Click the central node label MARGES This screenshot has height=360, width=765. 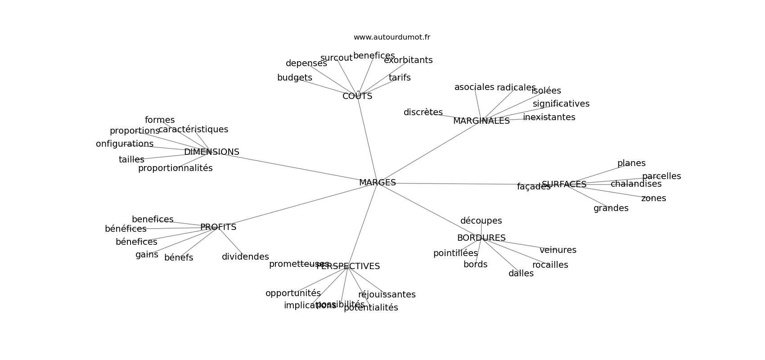tap(377, 183)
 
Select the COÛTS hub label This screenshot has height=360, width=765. tap(357, 96)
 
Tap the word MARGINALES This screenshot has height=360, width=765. tap(481, 121)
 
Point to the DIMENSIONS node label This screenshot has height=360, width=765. tap(211, 152)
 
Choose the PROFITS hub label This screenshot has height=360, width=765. tap(218, 227)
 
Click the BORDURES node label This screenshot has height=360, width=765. tap(481, 238)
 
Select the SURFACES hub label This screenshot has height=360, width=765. tap(564, 184)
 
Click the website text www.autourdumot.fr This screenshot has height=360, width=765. tap(391, 37)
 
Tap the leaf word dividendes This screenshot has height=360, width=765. tap(245, 257)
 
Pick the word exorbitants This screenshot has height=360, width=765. tap(408, 60)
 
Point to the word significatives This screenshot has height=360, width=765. tap(561, 104)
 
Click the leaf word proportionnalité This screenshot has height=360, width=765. tap(175, 168)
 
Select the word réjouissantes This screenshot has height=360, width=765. tap(387, 295)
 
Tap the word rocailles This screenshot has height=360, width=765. tap(550, 265)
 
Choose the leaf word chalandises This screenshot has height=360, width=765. tap(636, 184)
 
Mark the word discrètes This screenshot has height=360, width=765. tap(423, 112)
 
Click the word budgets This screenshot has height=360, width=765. tap(294, 78)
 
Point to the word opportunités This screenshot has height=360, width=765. tap(293, 293)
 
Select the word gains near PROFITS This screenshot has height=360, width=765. tap(147, 255)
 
